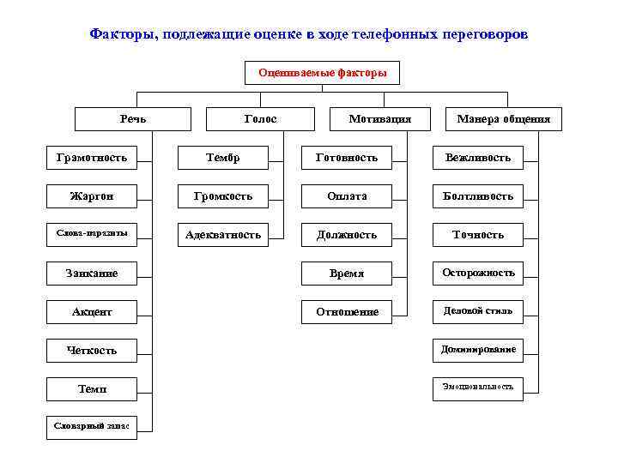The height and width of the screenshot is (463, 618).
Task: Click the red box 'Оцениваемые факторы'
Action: coord(322,73)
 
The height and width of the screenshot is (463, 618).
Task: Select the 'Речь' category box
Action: coord(132,118)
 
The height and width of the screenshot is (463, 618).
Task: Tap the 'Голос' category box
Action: coord(260,118)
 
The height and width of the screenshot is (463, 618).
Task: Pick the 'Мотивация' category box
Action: coord(380,118)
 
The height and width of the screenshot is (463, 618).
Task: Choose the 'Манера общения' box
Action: coord(504,118)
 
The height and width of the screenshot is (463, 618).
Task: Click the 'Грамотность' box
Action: coord(91,157)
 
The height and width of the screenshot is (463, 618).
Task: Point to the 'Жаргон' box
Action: coord(91,195)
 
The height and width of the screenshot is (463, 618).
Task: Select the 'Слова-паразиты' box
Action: coord(91,234)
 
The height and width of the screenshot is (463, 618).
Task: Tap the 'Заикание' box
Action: coord(91,274)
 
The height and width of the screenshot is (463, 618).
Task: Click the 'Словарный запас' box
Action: coord(91,426)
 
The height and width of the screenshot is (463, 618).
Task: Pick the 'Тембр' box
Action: coord(222,157)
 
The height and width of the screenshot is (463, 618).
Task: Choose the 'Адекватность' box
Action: coord(222,234)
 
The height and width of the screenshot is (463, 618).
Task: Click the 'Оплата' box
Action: coord(347,195)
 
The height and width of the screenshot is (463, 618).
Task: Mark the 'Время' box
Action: coord(347,274)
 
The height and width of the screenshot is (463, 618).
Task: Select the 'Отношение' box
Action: coord(347,312)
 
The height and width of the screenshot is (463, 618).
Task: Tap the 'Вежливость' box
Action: coord(478,157)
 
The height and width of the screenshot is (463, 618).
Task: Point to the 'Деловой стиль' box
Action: coord(478,310)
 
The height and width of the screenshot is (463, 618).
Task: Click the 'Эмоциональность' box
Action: coord(478,387)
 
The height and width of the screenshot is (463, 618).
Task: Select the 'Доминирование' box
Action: coord(478,349)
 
